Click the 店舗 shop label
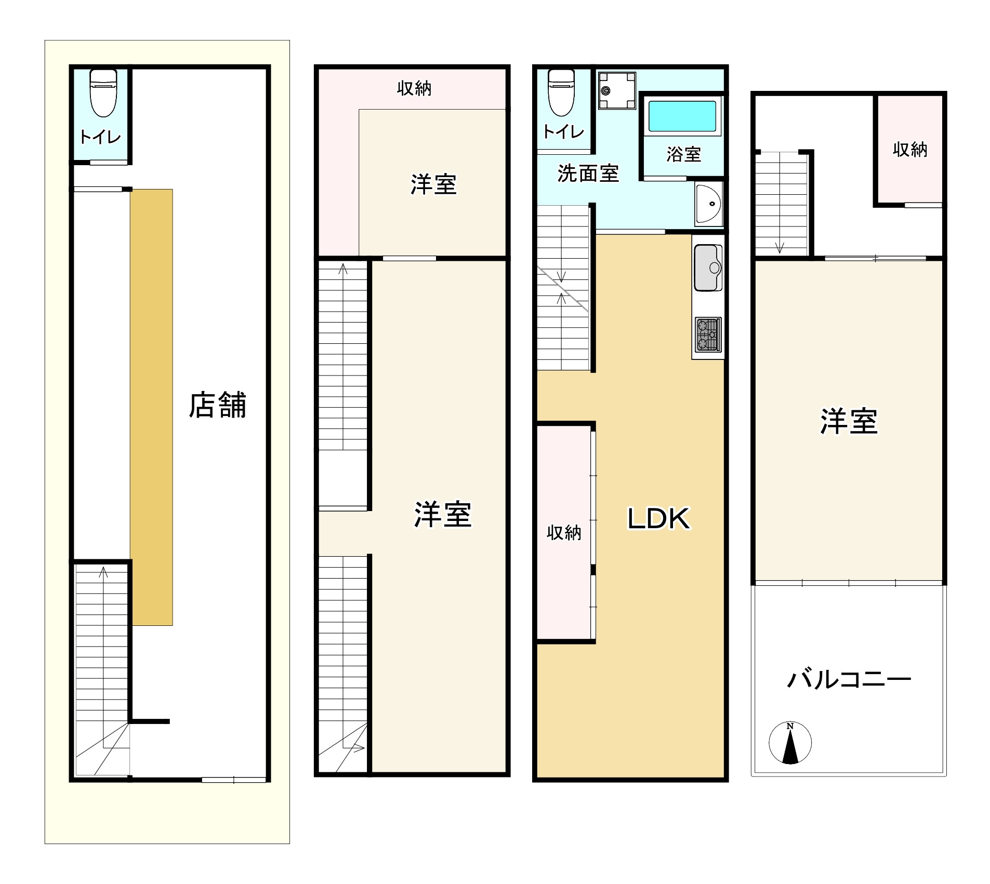tap(217, 405)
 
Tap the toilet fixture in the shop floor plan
tap(103, 93)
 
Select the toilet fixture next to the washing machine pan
tap(561, 93)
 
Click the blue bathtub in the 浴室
tap(682, 116)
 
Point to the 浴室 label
tap(683, 154)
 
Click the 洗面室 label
tap(588, 173)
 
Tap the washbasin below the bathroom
tap(708, 204)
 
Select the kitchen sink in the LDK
tap(708, 268)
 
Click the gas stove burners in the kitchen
tap(707, 334)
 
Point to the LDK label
tap(658, 518)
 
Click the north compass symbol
tap(790, 743)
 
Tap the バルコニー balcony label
tap(849, 679)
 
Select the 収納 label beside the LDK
tap(564, 533)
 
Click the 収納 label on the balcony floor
tap(909, 150)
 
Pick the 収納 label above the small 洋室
tap(414, 88)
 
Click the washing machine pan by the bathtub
tap(617, 91)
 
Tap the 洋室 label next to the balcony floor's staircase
tap(849, 421)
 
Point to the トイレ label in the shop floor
tap(100, 137)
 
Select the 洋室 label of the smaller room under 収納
tap(433, 185)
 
